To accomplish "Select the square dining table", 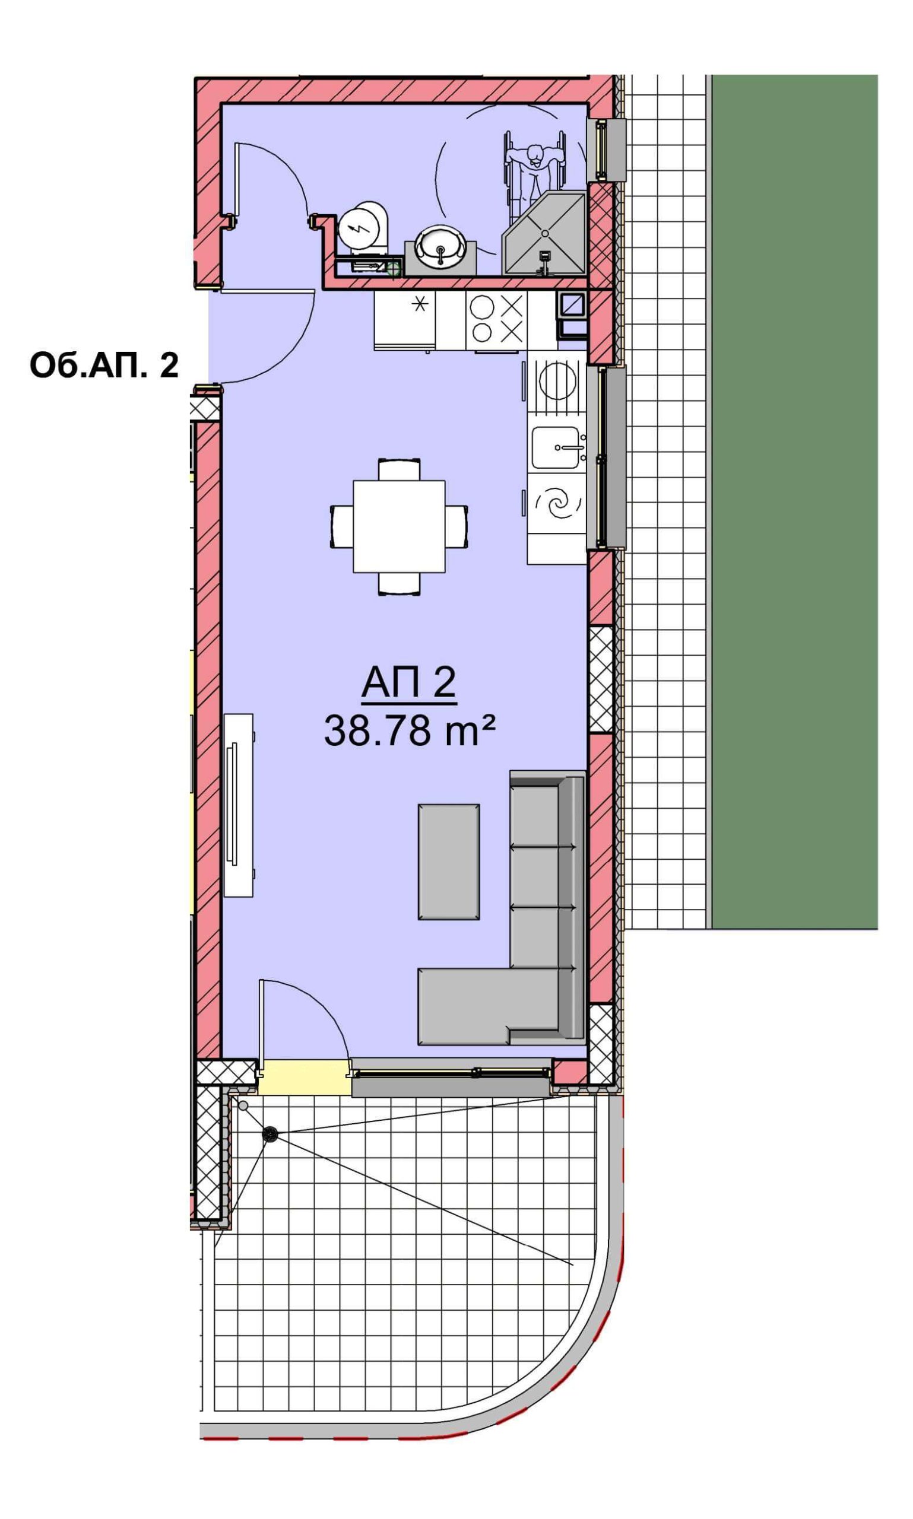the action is [x=399, y=526].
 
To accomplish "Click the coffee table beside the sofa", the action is [x=449, y=862].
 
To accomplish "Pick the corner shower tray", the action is [x=544, y=233].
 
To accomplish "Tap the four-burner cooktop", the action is [x=496, y=320].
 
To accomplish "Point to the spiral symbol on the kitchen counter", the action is [x=557, y=504].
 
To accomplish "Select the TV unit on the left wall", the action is [x=238, y=805].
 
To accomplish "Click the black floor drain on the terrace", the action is [x=270, y=1135].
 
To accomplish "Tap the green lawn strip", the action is [x=794, y=501].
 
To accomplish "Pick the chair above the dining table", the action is [x=400, y=469].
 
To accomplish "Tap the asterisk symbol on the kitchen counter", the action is [x=420, y=304].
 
